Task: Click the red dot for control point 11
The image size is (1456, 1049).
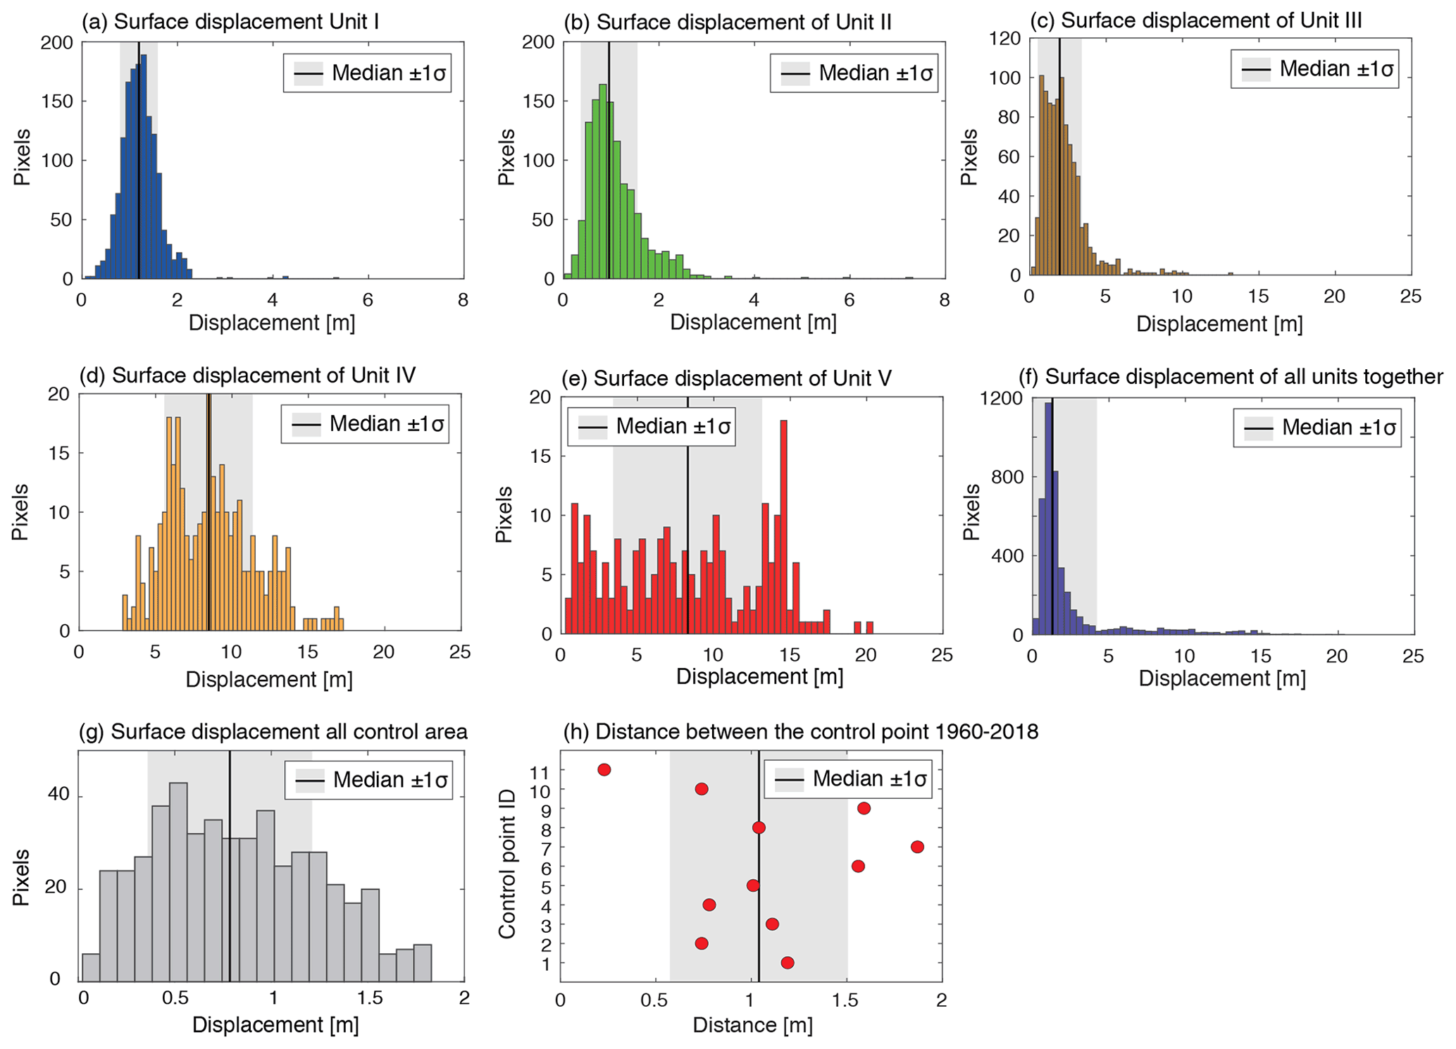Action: point(604,769)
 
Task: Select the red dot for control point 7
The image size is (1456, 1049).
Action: point(916,846)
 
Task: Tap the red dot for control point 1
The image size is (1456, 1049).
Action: point(787,962)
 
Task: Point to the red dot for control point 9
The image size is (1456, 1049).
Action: point(863,808)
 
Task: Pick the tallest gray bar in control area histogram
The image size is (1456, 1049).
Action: point(178,881)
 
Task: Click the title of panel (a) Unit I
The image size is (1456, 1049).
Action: point(230,22)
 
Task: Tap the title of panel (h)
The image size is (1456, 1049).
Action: point(801,731)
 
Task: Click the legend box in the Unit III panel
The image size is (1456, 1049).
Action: point(1314,68)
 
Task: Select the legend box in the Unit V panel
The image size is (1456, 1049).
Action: point(652,426)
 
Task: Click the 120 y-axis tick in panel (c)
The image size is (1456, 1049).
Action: point(1006,39)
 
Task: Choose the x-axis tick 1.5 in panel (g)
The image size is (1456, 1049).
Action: point(369,998)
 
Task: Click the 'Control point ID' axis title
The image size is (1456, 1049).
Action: point(507,864)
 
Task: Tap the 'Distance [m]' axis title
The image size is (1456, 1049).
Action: point(752,1025)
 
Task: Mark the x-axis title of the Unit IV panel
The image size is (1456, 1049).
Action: point(268,680)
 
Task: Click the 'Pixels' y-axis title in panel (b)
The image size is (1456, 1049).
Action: point(506,157)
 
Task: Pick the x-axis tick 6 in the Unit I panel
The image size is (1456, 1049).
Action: point(367,299)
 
